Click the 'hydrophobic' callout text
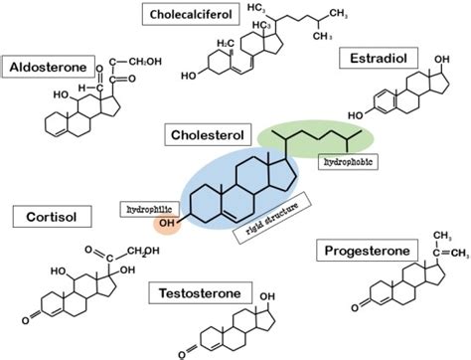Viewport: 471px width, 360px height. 347,157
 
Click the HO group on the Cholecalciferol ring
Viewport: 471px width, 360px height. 187,74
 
